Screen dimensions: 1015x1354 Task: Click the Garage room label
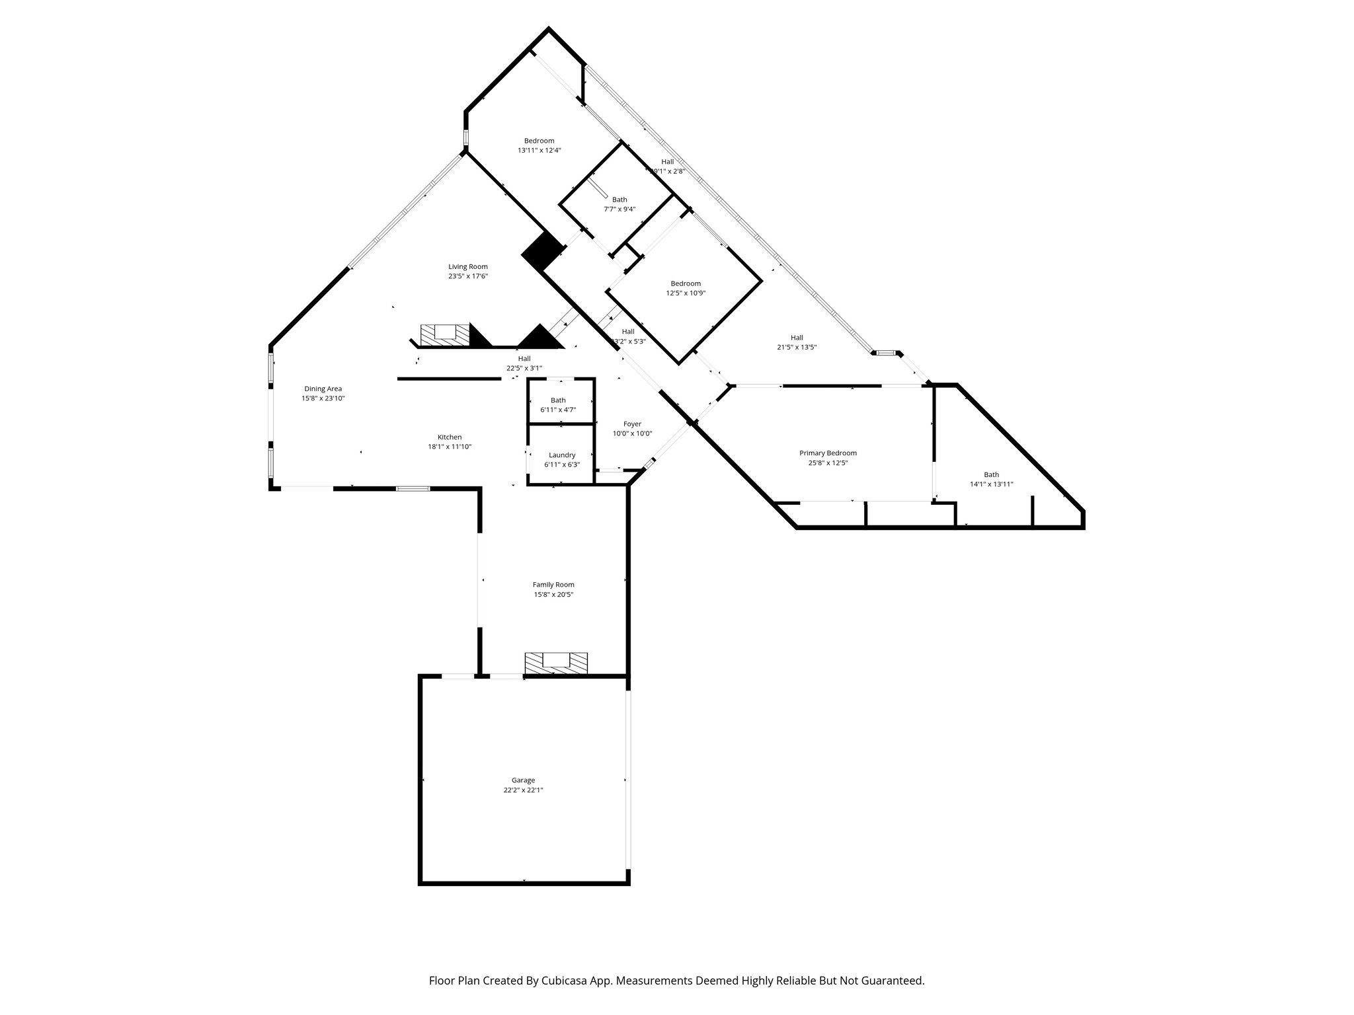pos(523,780)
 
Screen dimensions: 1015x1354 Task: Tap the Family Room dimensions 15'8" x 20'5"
pos(553,595)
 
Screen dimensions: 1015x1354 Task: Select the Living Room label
pos(468,267)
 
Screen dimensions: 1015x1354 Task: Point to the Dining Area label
pos(323,389)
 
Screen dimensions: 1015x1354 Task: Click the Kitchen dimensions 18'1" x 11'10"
pos(450,447)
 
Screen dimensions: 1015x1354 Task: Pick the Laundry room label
pos(562,455)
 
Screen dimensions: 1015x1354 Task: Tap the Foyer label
pos(632,424)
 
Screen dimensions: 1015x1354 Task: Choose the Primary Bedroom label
pos(828,453)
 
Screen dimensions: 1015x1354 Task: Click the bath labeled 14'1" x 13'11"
pos(991,474)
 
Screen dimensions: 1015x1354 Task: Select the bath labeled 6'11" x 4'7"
pos(558,400)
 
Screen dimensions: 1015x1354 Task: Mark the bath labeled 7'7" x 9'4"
pos(619,200)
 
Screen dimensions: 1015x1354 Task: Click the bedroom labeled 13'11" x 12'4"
pos(539,141)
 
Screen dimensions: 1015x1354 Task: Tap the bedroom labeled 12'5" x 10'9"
pos(686,283)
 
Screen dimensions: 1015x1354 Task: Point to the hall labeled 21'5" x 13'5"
pos(797,338)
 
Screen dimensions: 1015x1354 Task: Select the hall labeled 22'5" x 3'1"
pos(524,359)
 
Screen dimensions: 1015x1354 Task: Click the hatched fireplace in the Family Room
pos(556,663)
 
